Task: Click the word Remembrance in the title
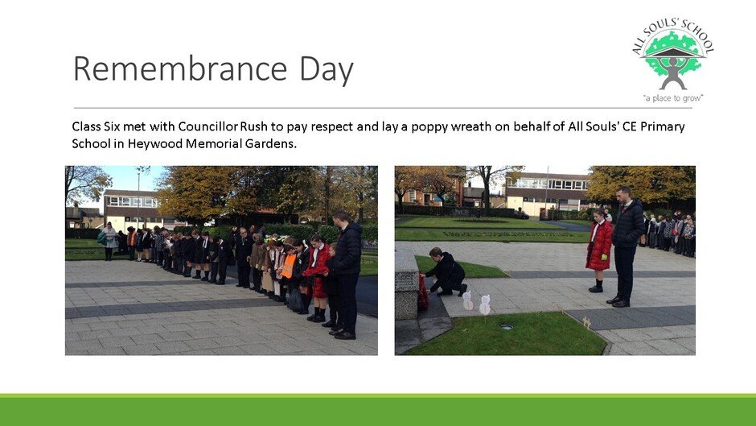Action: coord(180,68)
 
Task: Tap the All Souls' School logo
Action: coord(673,60)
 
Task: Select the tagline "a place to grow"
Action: coord(673,98)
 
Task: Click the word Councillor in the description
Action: coord(207,126)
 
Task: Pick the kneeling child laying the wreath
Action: coord(446,273)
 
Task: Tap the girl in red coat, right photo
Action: coord(598,250)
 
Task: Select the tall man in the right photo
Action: coord(627,246)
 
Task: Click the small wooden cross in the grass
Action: coord(586,323)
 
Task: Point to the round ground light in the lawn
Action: coord(506,327)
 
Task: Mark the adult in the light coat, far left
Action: coord(109,241)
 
